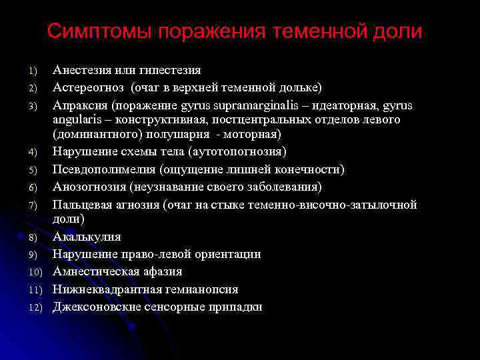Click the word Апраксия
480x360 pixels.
point(80,105)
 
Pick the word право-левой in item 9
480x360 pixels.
point(155,254)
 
